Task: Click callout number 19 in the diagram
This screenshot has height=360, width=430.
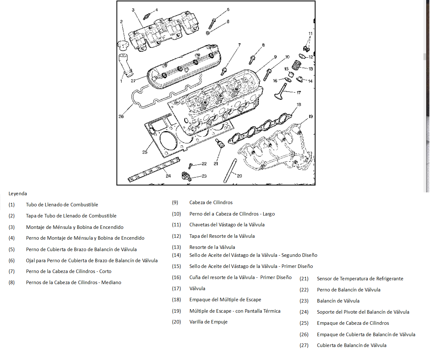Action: tap(311, 117)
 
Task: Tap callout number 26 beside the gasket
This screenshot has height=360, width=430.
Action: tap(121, 117)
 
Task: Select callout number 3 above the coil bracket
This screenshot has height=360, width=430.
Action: tap(133, 10)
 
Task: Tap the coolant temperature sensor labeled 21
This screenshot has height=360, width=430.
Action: tap(220, 143)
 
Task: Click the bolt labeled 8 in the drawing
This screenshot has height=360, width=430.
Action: tap(253, 59)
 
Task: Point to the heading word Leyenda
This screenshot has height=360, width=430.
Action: tap(18, 194)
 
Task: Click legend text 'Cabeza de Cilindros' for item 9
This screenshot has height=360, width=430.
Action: tap(211, 203)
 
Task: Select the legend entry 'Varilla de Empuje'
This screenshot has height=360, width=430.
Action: tap(208, 322)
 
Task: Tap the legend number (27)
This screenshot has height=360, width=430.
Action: tap(304, 345)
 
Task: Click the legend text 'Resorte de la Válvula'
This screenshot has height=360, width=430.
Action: tap(212, 247)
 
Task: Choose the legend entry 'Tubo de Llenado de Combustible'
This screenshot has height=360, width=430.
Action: tap(62, 205)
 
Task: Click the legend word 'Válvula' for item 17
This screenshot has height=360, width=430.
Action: tap(197, 289)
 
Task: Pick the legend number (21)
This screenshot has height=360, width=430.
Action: tap(304, 279)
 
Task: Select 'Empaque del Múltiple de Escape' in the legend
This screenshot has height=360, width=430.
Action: tap(225, 300)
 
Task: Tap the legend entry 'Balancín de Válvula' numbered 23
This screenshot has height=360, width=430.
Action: tap(338, 301)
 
